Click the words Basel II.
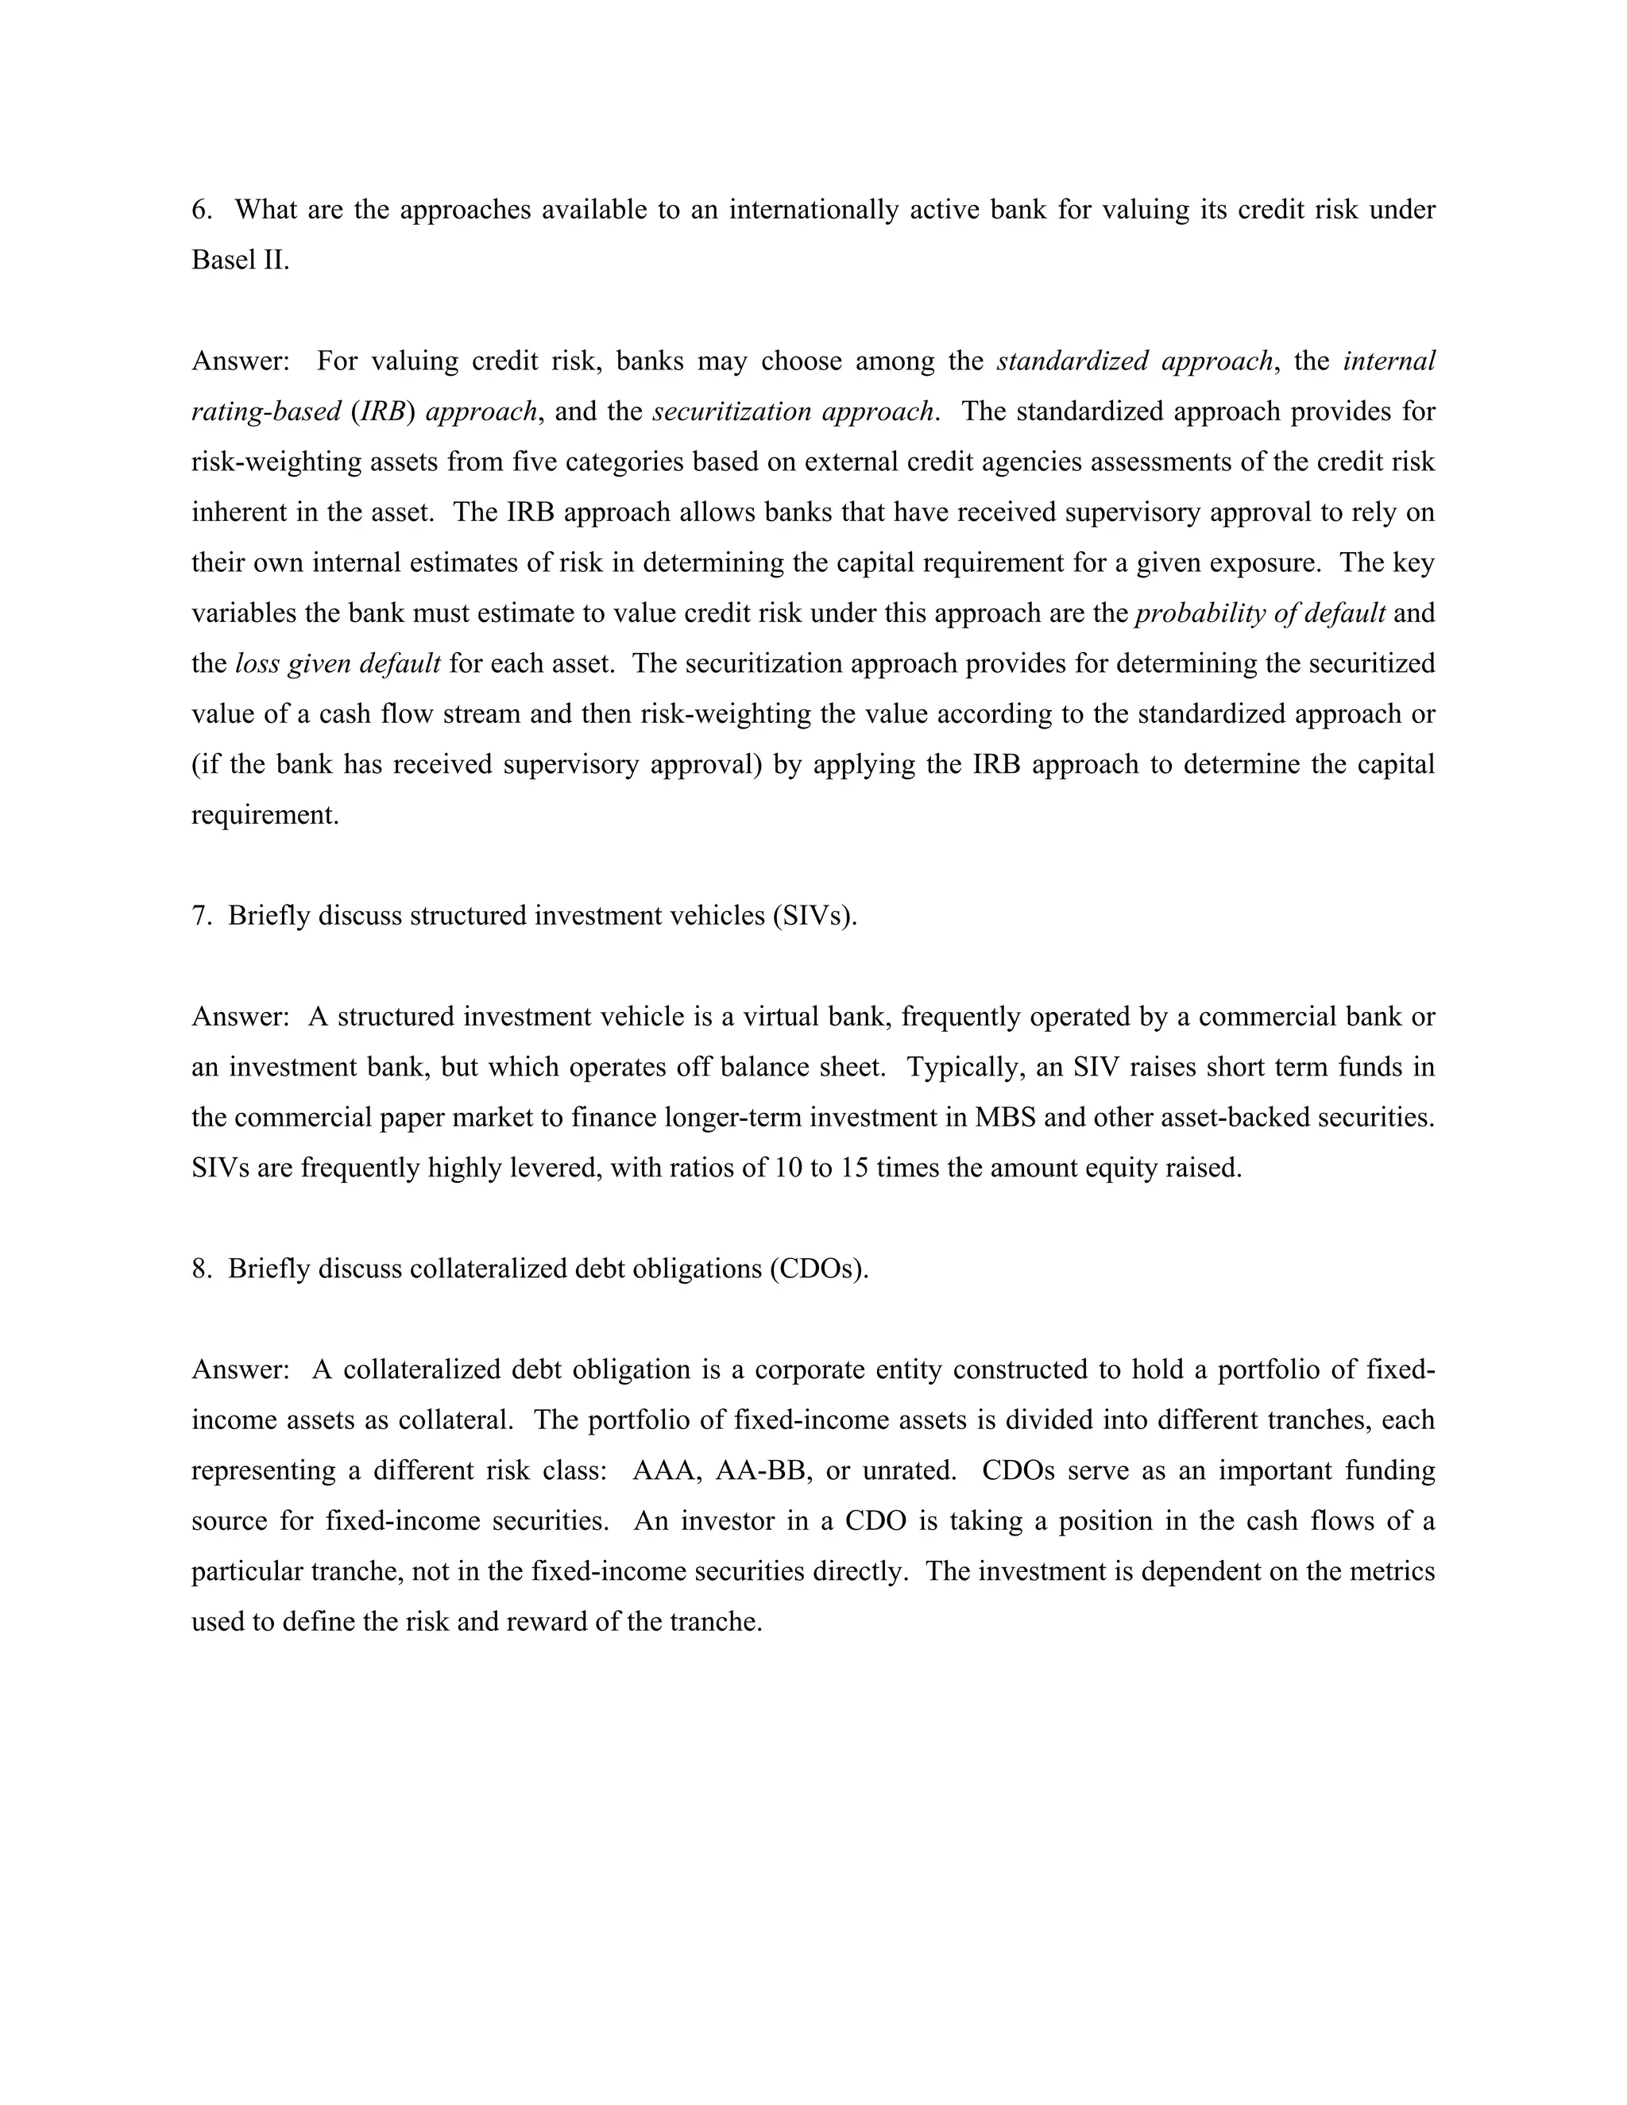(x=240, y=261)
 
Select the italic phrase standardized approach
(x=1134, y=361)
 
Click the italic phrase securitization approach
(x=792, y=411)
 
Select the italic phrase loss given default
(x=338, y=664)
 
